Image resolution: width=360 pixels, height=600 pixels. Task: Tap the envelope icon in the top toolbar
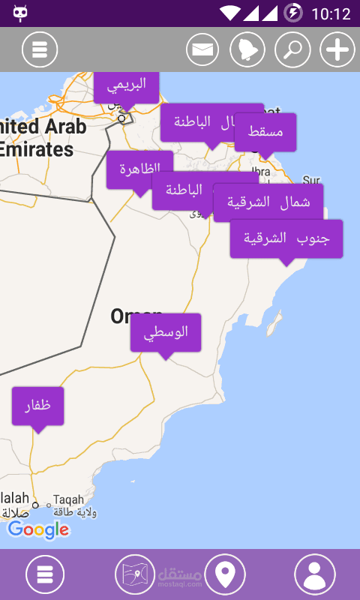pos(202,50)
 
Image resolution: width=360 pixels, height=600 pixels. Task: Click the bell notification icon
pos(247,50)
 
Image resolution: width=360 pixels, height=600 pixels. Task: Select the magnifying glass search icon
pos(292,50)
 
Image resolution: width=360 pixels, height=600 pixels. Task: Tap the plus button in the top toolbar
pos(337,50)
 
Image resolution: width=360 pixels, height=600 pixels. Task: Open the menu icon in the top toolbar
pos(40,50)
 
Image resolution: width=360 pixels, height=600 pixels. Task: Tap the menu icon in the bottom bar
pos(45,574)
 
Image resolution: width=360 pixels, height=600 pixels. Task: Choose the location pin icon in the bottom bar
pos(225,574)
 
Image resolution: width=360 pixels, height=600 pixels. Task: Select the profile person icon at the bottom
pos(315,574)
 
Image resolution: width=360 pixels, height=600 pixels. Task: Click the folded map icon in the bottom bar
pos(135,574)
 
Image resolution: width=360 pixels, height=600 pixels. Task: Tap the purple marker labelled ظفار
pos(37,406)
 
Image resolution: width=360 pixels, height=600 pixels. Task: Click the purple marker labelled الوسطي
pos(166,332)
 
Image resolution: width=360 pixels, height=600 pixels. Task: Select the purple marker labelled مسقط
pos(265,132)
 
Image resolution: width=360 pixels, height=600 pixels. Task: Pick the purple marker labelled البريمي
pos(126,85)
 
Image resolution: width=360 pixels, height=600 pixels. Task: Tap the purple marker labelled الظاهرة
pos(139,169)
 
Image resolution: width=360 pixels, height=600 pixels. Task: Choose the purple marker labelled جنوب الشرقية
pos(286,238)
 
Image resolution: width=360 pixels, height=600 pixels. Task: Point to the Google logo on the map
pos(38,529)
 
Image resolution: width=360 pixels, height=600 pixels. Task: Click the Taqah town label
pos(69,499)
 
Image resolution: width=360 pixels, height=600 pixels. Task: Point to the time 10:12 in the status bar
pos(330,13)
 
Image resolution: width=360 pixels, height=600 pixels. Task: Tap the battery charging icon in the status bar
pos(293,13)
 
